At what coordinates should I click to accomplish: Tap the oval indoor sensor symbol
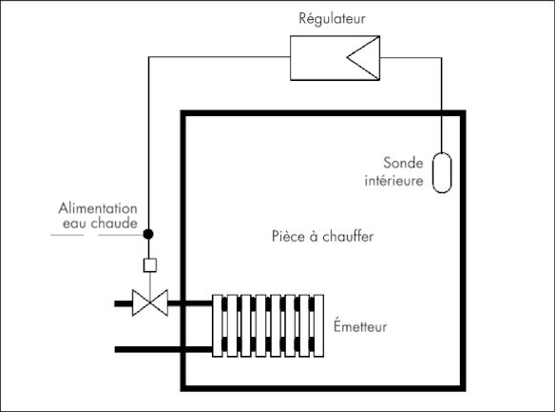coord(442,171)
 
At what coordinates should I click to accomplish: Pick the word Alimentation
coord(99,209)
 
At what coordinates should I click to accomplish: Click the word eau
coord(71,225)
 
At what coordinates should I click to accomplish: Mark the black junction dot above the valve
coord(147,232)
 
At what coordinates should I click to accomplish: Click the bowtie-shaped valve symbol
coord(147,304)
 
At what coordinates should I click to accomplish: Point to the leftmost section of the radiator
coord(219,326)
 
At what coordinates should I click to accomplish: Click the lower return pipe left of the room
coord(147,349)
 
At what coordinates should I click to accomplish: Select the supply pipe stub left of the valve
coord(122,304)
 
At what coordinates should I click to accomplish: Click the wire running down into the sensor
coord(442,105)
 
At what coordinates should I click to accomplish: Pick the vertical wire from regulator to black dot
coord(147,143)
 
